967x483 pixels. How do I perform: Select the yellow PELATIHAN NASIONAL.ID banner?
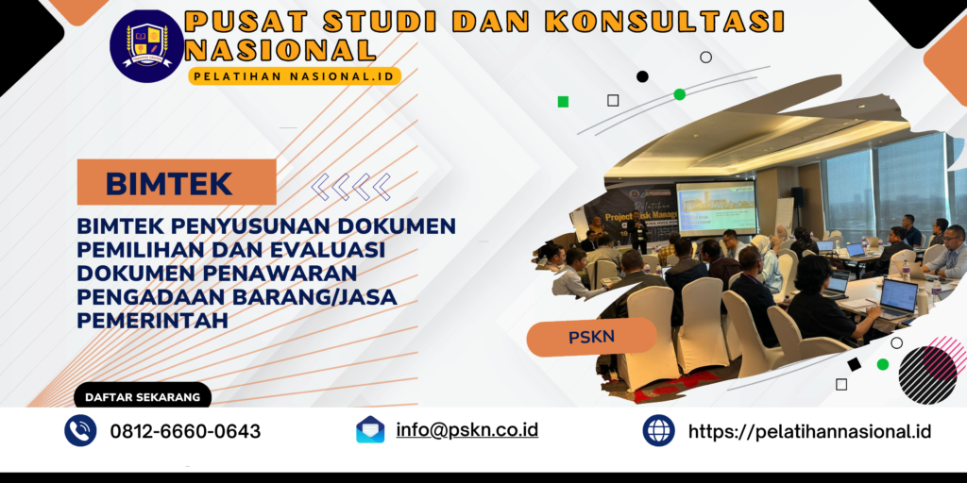tap(295, 75)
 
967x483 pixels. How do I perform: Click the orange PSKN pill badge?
tap(592, 337)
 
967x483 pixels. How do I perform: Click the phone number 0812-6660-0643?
tap(185, 431)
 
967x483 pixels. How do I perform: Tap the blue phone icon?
tap(80, 430)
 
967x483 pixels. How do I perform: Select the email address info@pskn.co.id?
tap(467, 429)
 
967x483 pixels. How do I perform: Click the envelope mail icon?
tap(370, 430)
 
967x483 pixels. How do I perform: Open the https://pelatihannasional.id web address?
tap(809, 431)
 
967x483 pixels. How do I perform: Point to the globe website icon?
tap(658, 430)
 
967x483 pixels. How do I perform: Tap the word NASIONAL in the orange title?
tap(281, 49)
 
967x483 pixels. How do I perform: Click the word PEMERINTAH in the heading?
tap(155, 321)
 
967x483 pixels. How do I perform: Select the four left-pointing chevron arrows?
tap(351, 186)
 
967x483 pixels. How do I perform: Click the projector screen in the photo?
tap(715, 207)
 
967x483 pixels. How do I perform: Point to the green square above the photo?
tap(563, 101)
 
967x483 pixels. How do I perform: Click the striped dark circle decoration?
tap(927, 375)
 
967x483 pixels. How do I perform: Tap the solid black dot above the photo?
tap(642, 76)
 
